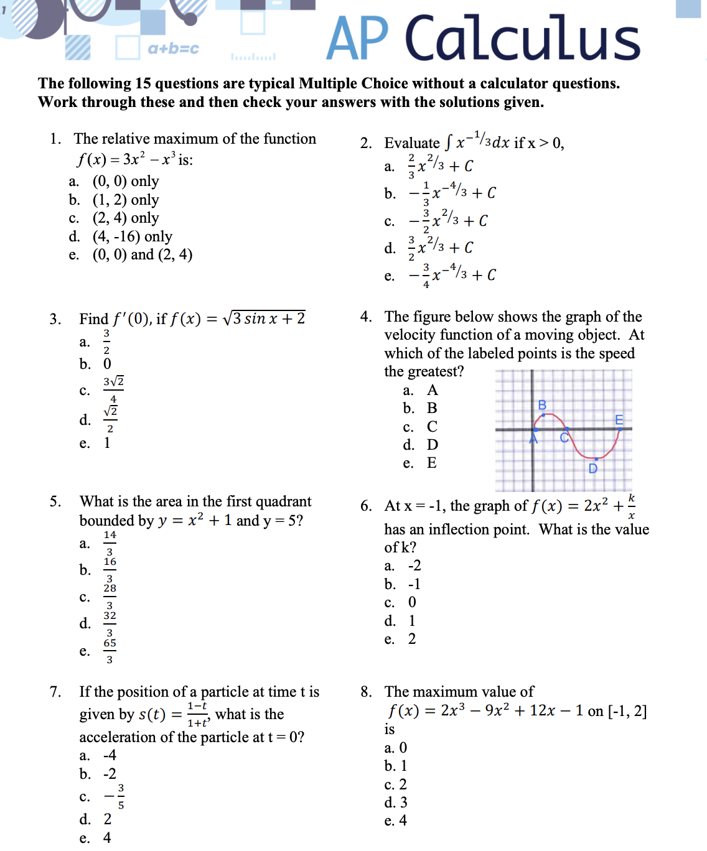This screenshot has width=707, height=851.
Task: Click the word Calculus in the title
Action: point(522,39)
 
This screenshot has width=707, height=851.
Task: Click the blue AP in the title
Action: point(357,39)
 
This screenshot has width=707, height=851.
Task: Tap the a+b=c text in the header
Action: point(173,49)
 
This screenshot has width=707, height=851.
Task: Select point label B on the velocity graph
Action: point(542,406)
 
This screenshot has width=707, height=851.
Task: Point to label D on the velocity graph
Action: point(592,468)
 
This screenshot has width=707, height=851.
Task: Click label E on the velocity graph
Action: point(619,420)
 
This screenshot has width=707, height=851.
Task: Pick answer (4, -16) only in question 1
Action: point(132,236)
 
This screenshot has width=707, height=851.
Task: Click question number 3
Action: point(55,319)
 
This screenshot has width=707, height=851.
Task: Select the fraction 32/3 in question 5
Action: point(110,623)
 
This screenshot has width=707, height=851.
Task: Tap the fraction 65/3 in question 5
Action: point(110,651)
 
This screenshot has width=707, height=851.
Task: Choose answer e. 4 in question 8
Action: point(396,821)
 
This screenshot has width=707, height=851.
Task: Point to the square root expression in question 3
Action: point(264,319)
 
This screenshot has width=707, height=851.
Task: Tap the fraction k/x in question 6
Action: point(631,506)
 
